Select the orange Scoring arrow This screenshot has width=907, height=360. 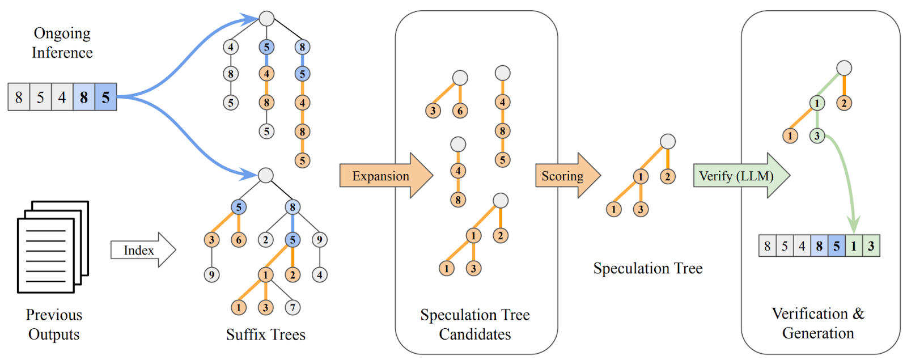coord(564,176)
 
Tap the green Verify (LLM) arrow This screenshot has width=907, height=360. coord(737,176)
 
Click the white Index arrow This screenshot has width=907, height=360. coord(142,250)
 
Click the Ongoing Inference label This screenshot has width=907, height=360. coord(62,43)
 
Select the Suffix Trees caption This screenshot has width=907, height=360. coord(265,334)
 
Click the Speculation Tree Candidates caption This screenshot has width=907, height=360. coord(475,324)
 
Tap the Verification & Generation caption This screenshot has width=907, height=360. coord(818,323)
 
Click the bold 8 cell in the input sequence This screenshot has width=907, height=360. coord(84,97)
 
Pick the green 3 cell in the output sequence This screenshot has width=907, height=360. coord(871,246)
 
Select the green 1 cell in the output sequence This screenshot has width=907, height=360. coord(854,246)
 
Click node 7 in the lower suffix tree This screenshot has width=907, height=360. coord(293,308)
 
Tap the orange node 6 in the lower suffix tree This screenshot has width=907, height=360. coord(239,240)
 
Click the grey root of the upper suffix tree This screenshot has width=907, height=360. coord(266,19)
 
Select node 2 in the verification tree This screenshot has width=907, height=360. coord(844,103)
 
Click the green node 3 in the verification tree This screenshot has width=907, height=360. coord(817,136)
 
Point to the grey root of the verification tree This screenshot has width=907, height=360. coord(844,68)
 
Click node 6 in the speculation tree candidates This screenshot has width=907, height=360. coord(460,111)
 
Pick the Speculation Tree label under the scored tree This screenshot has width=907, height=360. coord(647,268)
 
